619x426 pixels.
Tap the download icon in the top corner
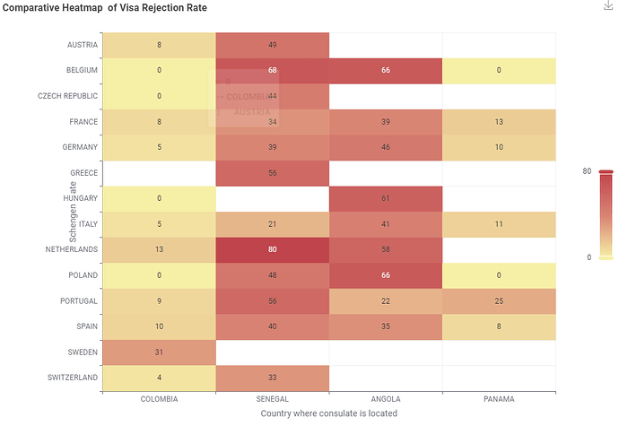click(609, 6)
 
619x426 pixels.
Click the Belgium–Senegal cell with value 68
click(272, 70)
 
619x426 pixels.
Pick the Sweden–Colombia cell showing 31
click(159, 352)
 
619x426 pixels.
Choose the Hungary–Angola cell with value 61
click(385, 198)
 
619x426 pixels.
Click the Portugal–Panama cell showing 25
click(499, 301)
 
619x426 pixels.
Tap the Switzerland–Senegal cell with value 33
click(272, 378)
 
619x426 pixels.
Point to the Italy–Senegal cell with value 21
click(272, 224)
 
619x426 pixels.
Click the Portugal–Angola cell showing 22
click(385, 301)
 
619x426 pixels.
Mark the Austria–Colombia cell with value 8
click(159, 44)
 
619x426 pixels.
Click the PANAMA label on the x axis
click(499, 399)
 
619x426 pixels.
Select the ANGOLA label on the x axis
click(385, 399)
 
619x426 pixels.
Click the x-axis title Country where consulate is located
click(328, 413)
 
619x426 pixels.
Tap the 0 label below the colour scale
click(588, 257)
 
